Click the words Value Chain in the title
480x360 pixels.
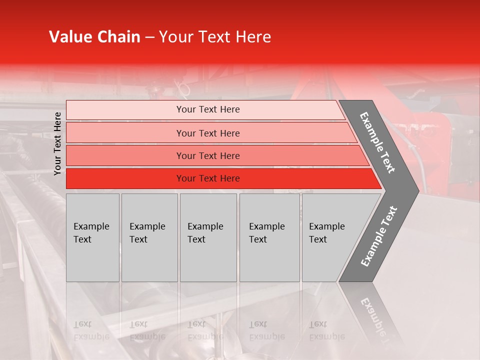point(94,37)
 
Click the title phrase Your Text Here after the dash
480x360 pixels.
point(215,37)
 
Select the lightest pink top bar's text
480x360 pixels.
point(208,109)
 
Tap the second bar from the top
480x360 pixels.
point(208,133)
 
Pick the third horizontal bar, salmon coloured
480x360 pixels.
point(208,156)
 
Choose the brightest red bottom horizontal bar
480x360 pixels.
point(208,178)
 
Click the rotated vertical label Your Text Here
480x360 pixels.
point(57,143)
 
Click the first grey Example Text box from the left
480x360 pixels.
point(92,237)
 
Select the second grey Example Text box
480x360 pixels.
point(149,237)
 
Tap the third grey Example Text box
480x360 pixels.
point(208,237)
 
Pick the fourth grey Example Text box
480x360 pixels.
point(269,237)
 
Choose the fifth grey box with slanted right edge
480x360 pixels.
point(330,237)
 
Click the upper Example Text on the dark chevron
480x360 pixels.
point(378,142)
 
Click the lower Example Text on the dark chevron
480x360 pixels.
point(379,236)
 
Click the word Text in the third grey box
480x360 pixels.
point(196,239)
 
